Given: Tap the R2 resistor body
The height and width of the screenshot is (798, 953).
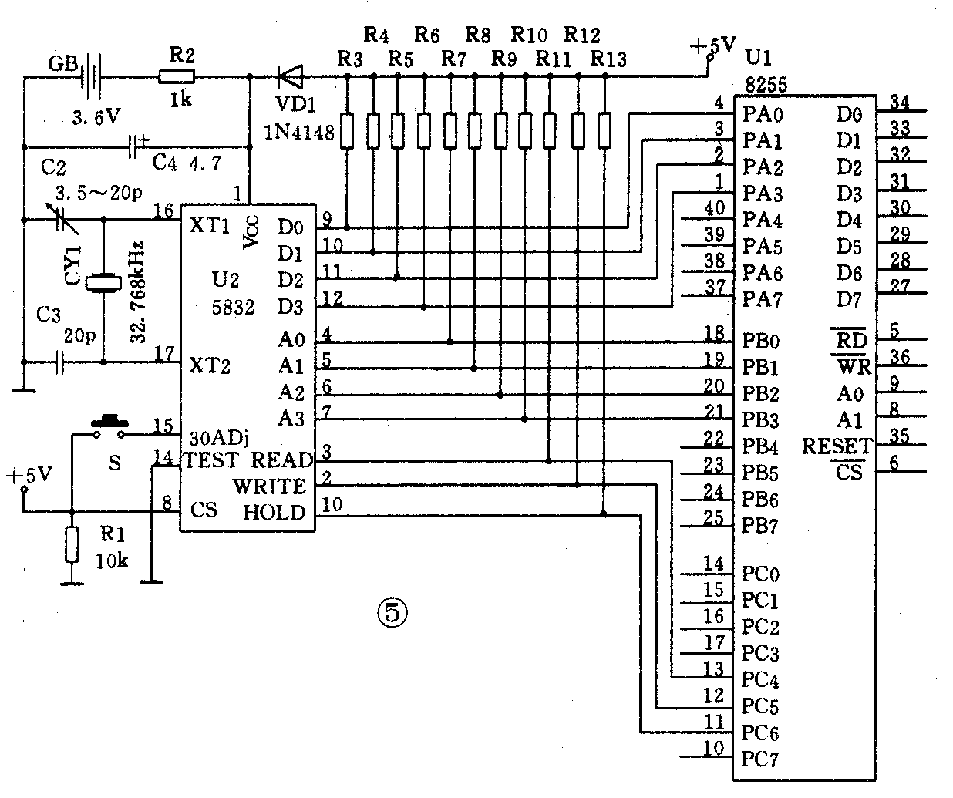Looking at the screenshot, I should click(x=177, y=76).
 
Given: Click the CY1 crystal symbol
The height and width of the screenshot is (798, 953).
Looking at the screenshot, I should click(x=103, y=284).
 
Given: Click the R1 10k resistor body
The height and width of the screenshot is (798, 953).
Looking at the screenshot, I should click(x=72, y=544).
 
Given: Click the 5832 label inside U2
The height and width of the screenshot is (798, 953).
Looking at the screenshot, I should click(x=234, y=307).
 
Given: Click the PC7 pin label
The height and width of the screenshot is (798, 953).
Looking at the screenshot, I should click(x=761, y=759).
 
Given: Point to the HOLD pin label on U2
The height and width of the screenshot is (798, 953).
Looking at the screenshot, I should click(x=274, y=513).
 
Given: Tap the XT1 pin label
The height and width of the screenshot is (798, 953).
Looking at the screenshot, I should click(x=210, y=225).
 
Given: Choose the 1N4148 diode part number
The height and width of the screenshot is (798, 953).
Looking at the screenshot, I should click(x=298, y=133).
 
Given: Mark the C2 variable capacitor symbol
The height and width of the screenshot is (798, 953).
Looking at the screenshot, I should click(x=63, y=221).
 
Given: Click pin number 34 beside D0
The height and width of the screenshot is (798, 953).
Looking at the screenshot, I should click(x=900, y=101).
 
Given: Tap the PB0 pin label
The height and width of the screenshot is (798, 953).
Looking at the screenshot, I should click(x=762, y=340).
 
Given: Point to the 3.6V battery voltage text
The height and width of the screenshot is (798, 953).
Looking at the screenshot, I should click(x=96, y=116).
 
